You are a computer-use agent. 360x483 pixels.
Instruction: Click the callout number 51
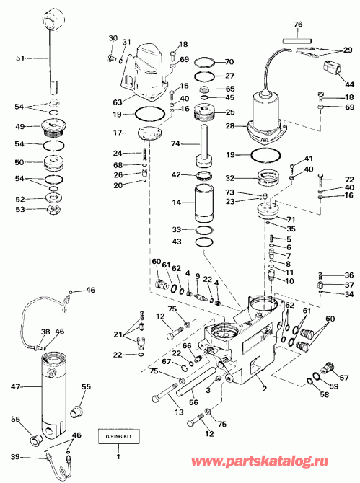[19, 58]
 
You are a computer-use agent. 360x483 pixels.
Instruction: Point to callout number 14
[177, 204]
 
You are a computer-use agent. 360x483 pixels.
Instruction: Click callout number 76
[297, 23]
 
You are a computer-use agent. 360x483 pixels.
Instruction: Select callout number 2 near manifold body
[264, 389]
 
